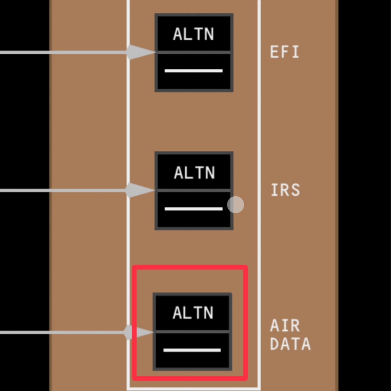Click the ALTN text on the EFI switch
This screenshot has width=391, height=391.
[193, 34]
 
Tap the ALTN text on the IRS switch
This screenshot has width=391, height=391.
[194, 172]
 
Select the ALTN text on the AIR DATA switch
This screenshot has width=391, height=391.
[193, 313]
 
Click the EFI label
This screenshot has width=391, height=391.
[284, 52]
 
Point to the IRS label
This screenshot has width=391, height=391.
[285, 190]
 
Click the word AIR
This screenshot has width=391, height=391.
[285, 326]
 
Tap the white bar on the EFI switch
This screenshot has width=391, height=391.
[193, 71]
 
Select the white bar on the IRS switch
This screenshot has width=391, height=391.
[193, 209]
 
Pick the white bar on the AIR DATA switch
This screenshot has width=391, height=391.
[192, 350]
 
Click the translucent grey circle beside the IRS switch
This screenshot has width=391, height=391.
[236, 205]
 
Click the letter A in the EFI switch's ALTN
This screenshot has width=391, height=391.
[178, 34]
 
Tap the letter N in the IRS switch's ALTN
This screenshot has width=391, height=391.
[210, 172]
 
